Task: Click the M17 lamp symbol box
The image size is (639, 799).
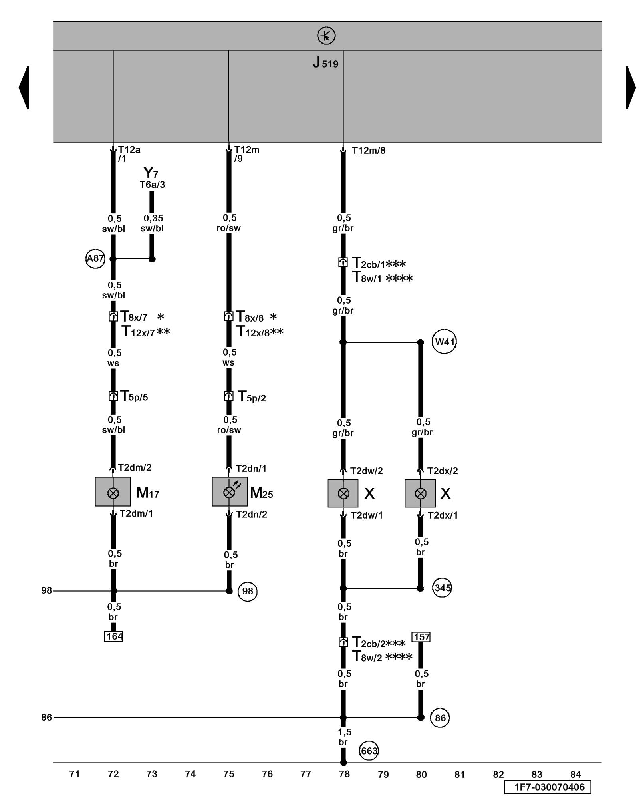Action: tap(113, 491)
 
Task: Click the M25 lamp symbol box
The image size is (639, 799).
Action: tap(229, 491)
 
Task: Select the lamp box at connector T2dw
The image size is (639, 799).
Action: tap(343, 493)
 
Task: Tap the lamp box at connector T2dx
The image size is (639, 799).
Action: tap(420, 493)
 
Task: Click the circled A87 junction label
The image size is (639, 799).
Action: tap(95, 258)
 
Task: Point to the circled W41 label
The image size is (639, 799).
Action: tap(444, 342)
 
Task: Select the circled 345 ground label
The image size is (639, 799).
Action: tap(442, 588)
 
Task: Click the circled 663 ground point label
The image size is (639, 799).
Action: tap(369, 751)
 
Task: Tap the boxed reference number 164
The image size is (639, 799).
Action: tap(113, 636)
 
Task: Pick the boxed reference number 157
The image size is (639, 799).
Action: tap(421, 637)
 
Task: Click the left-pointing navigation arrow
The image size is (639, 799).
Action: tap(24, 87)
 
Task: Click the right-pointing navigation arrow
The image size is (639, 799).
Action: tap(631, 87)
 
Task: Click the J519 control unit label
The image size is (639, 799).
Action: tap(325, 63)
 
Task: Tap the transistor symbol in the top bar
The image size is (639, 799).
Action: tap(326, 36)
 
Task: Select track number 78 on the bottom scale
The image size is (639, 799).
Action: tap(344, 774)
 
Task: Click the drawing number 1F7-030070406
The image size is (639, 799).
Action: tap(547, 787)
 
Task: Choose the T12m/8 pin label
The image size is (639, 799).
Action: tap(368, 151)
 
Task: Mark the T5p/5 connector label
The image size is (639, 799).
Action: tap(134, 397)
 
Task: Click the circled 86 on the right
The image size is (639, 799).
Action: tap(440, 718)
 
